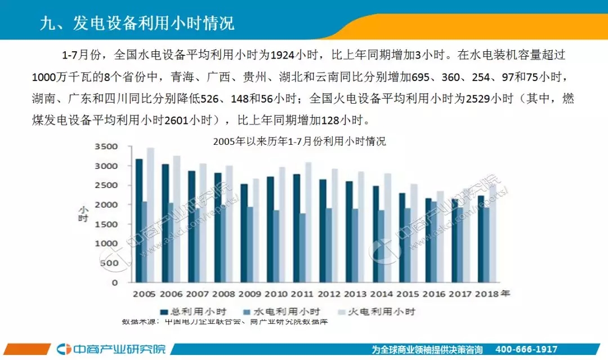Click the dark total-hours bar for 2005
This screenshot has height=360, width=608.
[x=139, y=220]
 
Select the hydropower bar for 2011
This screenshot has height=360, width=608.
[x=303, y=247]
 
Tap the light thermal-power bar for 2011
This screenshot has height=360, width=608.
[x=309, y=222]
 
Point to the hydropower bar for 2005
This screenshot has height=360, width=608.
[x=145, y=242]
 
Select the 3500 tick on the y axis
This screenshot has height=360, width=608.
[x=107, y=146]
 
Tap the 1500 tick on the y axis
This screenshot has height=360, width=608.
[x=107, y=224]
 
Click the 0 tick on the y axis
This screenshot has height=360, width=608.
[x=115, y=282]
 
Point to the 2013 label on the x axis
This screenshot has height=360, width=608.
[x=356, y=294]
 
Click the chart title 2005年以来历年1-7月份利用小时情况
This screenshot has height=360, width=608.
[x=299, y=141]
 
